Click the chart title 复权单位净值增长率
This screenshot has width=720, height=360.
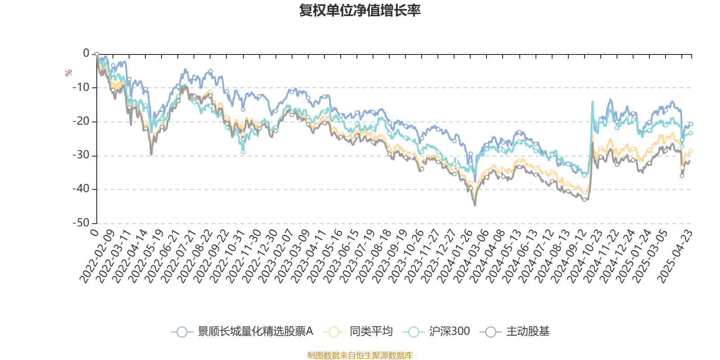coord(360,10)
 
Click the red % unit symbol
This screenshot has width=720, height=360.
coord(68,73)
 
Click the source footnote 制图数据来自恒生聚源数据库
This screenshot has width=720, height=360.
coord(360,355)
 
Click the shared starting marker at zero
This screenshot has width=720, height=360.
coord(97,54)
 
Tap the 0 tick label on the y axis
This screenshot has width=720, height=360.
coord(86,54)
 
